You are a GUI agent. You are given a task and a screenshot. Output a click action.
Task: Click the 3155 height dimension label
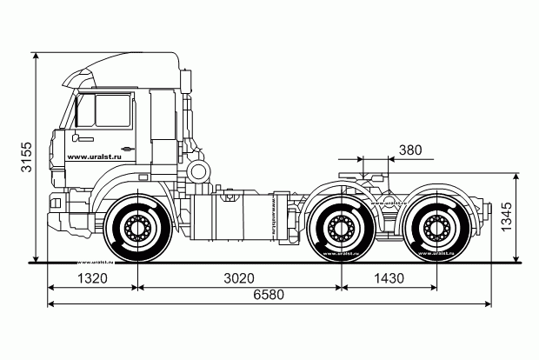coord(27,156)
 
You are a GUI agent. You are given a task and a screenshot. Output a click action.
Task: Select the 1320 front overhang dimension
coord(91,279)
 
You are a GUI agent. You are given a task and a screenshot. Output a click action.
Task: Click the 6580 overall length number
coord(269,297)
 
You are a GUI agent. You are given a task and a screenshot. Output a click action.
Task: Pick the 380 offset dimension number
coord(409,150)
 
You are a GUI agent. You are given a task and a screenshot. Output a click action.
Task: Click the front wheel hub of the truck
coord(136,230)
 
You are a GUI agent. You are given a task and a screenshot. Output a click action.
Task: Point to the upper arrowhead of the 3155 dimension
coord(36,55)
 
